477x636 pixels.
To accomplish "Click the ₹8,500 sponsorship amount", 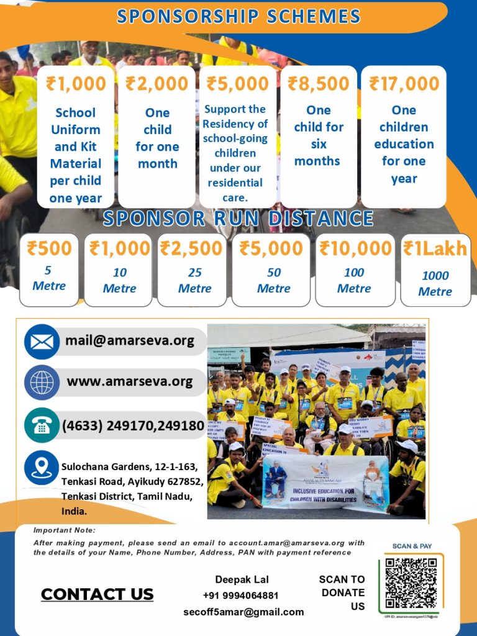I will [x=319, y=84].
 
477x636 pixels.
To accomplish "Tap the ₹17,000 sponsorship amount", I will [x=404, y=84].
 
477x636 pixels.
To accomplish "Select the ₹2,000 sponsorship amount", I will [x=157, y=84].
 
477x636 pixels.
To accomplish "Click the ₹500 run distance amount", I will [x=49, y=248].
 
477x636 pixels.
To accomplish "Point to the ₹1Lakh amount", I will [x=435, y=248].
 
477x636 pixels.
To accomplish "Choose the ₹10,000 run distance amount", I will [x=355, y=248].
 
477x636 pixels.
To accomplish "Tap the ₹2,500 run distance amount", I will [x=192, y=248].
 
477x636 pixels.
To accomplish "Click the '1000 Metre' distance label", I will [x=435, y=284].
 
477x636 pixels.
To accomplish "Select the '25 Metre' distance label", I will [x=194, y=281].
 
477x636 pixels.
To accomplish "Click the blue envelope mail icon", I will [x=42, y=342].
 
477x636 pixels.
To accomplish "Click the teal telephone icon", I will [x=42, y=425].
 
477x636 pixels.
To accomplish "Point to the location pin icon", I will [x=42, y=468].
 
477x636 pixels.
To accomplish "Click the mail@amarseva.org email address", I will [x=129, y=341].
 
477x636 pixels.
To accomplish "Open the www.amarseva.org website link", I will [x=129, y=381].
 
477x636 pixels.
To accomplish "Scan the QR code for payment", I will [x=411, y=583].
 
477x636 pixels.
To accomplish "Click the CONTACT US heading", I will [x=97, y=594].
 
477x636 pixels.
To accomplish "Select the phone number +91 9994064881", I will [x=242, y=596].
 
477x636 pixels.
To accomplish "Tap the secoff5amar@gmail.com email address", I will [x=243, y=612].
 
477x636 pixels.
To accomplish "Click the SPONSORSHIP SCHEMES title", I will [x=238, y=17].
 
